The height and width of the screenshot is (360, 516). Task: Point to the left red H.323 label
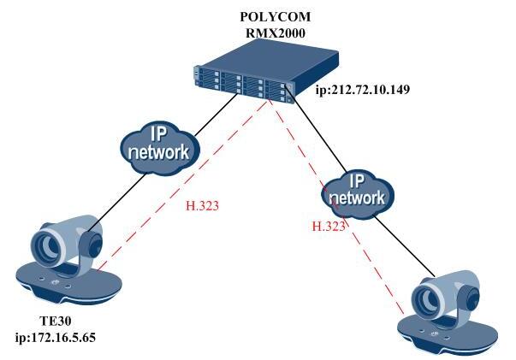pos(203,206)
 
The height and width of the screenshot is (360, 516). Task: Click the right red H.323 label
pos(328,227)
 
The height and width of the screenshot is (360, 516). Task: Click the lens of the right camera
pos(425,300)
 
